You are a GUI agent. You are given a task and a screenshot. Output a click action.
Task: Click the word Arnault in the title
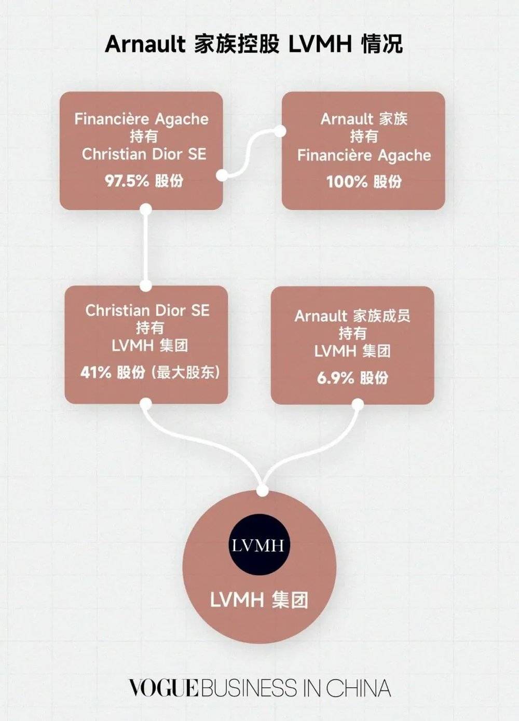[x=145, y=45]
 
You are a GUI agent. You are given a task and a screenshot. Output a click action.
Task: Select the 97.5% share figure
[x=127, y=181]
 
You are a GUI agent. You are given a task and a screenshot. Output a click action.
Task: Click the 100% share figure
[x=347, y=182]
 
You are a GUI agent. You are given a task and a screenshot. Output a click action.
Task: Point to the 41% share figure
[x=95, y=372]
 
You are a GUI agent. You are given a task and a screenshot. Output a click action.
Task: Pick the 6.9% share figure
[x=335, y=377]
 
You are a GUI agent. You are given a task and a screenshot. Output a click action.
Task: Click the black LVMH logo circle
[x=258, y=546]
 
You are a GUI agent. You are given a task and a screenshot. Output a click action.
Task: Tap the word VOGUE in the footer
[x=163, y=688]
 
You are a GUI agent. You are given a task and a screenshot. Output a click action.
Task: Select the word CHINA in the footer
[x=358, y=688]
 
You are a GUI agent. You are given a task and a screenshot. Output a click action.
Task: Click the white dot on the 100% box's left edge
[x=280, y=130]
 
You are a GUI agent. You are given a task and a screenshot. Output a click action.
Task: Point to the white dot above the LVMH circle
[x=263, y=491]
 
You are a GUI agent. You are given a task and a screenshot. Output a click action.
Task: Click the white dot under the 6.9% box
[x=358, y=404]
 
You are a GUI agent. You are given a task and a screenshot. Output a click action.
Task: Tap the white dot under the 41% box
[x=146, y=404]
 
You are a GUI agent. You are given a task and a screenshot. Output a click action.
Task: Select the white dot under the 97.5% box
[x=146, y=209]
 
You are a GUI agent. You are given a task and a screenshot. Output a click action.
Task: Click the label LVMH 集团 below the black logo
[x=259, y=600]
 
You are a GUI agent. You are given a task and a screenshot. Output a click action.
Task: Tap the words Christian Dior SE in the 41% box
[x=147, y=310]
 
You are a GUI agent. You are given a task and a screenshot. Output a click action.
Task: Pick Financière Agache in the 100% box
[x=364, y=155]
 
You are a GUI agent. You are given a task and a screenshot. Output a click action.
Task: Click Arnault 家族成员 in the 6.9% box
[x=352, y=316]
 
